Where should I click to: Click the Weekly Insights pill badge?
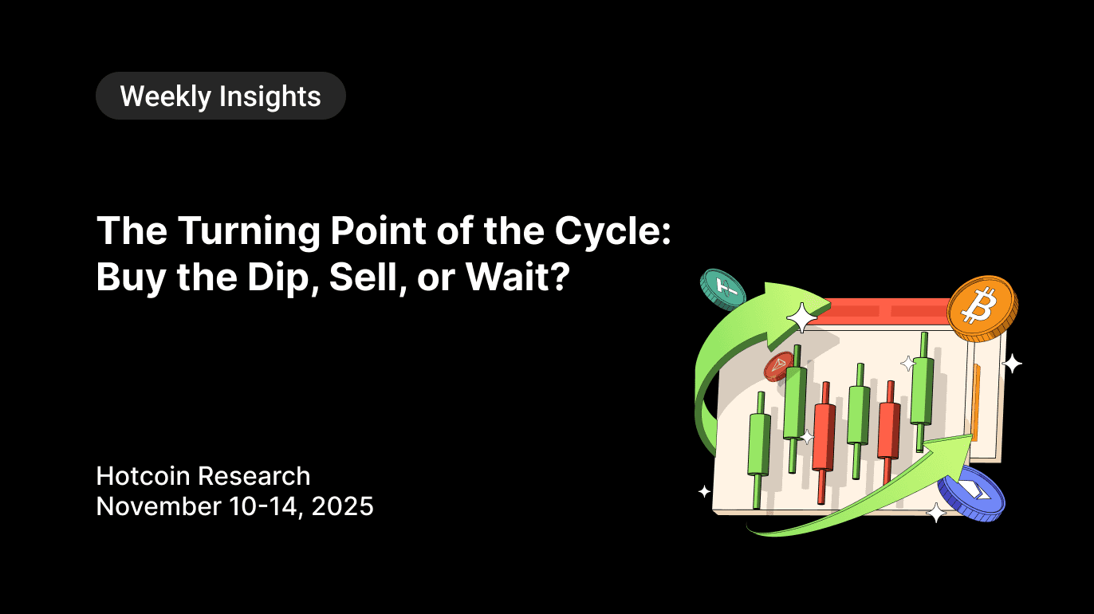pos(220,96)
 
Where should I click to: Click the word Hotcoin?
pos(144,476)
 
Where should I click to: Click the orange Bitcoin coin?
pos(982,307)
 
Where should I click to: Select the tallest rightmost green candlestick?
pos(923,391)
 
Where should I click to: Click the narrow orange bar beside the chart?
pos(976,402)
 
